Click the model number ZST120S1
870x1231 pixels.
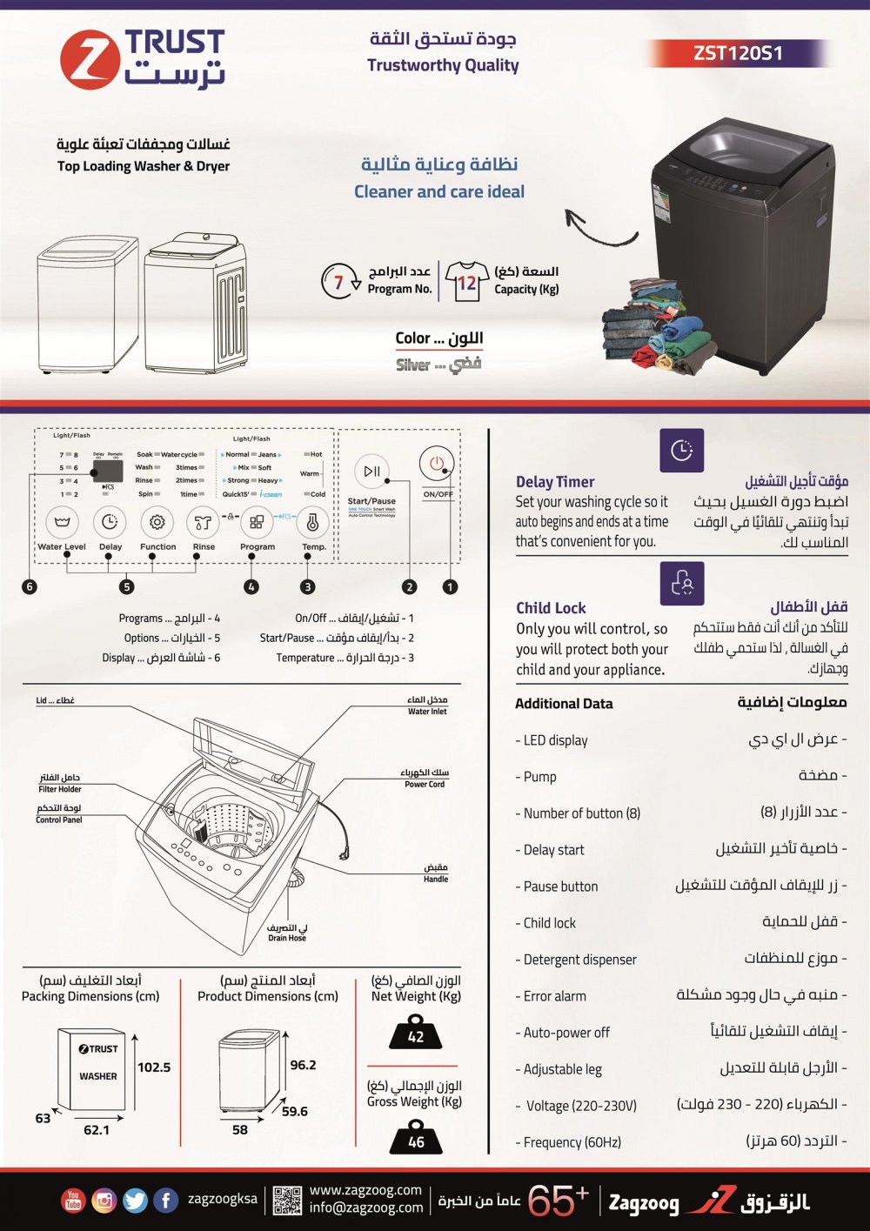click(738, 53)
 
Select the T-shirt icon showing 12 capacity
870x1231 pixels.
click(466, 282)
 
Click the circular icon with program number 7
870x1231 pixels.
click(339, 281)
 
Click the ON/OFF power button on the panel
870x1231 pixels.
click(437, 465)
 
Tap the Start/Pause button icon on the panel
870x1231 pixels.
click(371, 472)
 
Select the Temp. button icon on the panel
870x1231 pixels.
click(312, 523)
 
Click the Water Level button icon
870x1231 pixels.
click(62, 523)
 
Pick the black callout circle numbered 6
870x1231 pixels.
click(30, 586)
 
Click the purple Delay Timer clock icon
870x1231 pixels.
click(681, 451)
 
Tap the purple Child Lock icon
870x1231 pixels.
click(681, 583)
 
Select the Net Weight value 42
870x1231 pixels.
click(416, 1035)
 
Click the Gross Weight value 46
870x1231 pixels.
click(416, 1141)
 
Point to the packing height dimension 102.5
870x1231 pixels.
click(154, 1067)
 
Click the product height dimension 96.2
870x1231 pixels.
click(303, 1065)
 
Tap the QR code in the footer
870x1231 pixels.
click(287, 1201)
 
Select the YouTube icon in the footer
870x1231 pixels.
click(73, 1201)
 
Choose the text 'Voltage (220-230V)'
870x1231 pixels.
click(581, 1106)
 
